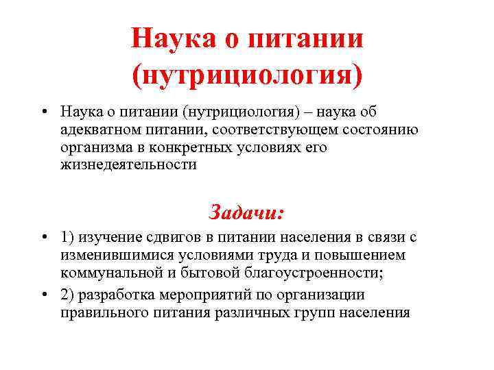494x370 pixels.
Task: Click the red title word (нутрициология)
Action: (x=247, y=72)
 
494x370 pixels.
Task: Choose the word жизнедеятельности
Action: (x=128, y=165)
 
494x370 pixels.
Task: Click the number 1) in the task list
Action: (x=67, y=237)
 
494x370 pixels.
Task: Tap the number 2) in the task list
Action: (x=67, y=295)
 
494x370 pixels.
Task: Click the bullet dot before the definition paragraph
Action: (x=43, y=112)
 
